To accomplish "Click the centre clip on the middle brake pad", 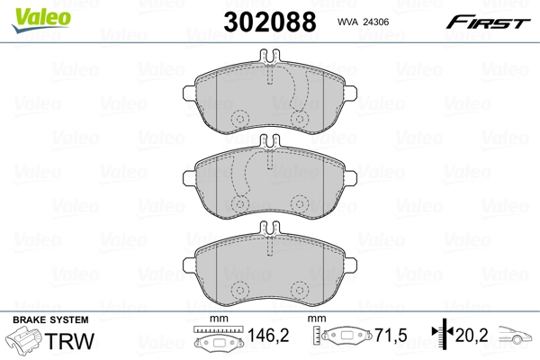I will point(269,141).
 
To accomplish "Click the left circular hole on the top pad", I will point(240,121).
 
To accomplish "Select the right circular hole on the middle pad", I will point(298,203).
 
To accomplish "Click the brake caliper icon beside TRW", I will point(27,342).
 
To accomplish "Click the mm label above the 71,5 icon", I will point(317,320).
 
